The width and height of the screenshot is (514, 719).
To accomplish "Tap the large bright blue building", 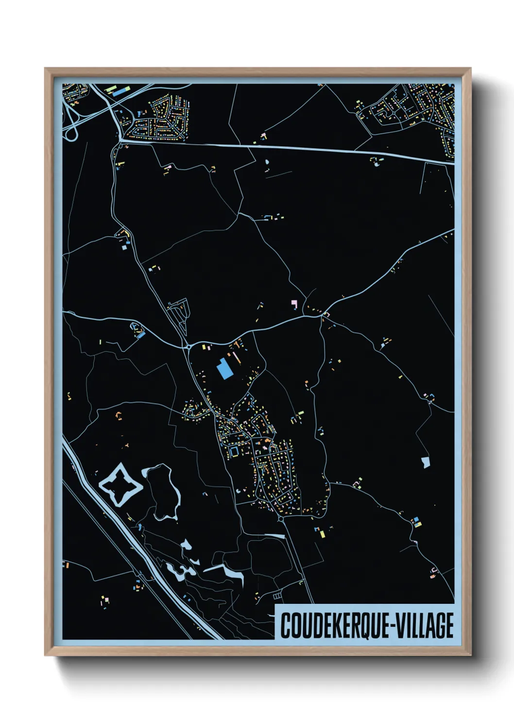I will tap(224, 369).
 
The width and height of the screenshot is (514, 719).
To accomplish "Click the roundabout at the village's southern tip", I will tap(281, 519).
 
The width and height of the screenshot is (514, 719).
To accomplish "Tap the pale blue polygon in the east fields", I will tap(426, 462).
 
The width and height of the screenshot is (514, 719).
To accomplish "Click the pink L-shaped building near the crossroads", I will tap(294, 305).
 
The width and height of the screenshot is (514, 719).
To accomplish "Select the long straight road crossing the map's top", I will tap(291, 148).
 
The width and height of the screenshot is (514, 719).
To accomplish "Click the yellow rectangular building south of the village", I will tap(322, 534).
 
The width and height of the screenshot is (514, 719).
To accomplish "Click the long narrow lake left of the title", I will tap(224, 571).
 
